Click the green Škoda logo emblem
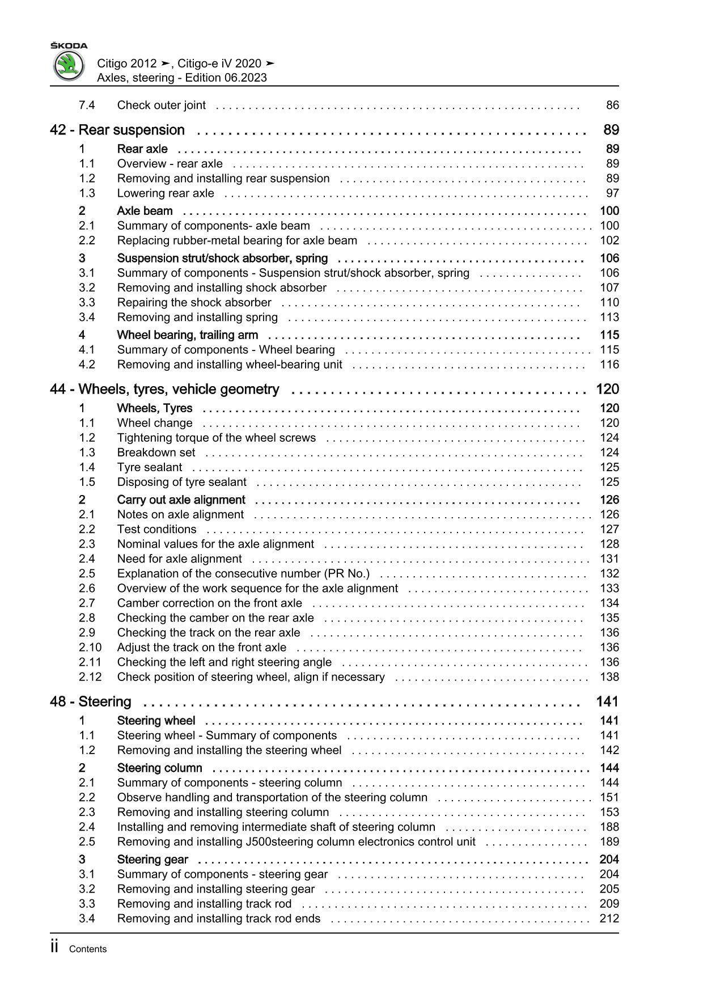[x=69, y=66]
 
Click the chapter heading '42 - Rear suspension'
[x=117, y=130]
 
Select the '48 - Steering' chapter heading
[x=91, y=702]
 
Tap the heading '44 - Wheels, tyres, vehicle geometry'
[x=164, y=390]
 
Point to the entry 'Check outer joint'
[x=161, y=105]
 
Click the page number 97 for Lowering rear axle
[x=612, y=193]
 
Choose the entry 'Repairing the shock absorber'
[x=194, y=303]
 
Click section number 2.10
[x=90, y=648]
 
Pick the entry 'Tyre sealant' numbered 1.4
[x=150, y=467]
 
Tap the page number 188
[x=609, y=827]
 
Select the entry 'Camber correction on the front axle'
[x=209, y=603]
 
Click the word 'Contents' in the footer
[x=87, y=949]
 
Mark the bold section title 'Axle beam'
[x=145, y=211]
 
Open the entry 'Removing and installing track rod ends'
[x=218, y=919]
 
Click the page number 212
[x=609, y=919]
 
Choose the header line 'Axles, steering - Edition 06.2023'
[x=181, y=78]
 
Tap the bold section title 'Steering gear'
[x=153, y=860]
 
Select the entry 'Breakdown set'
[x=156, y=452]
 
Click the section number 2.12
[x=90, y=677]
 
